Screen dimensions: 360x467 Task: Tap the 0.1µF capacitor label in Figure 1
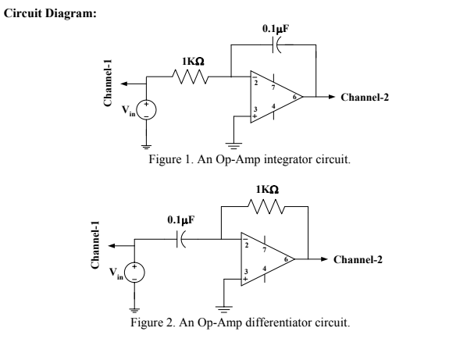(277, 29)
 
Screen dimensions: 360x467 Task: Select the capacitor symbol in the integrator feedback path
(277, 45)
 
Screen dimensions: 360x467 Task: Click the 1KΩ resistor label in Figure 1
(193, 62)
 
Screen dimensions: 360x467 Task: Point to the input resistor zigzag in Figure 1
(192, 77)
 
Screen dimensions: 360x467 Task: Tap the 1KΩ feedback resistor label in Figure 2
(267, 191)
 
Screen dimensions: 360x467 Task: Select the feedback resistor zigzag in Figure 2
(266, 206)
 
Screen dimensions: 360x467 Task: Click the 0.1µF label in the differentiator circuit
(181, 221)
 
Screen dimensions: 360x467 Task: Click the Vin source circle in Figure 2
(136, 273)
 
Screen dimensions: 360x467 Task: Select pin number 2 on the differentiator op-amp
(247, 244)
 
